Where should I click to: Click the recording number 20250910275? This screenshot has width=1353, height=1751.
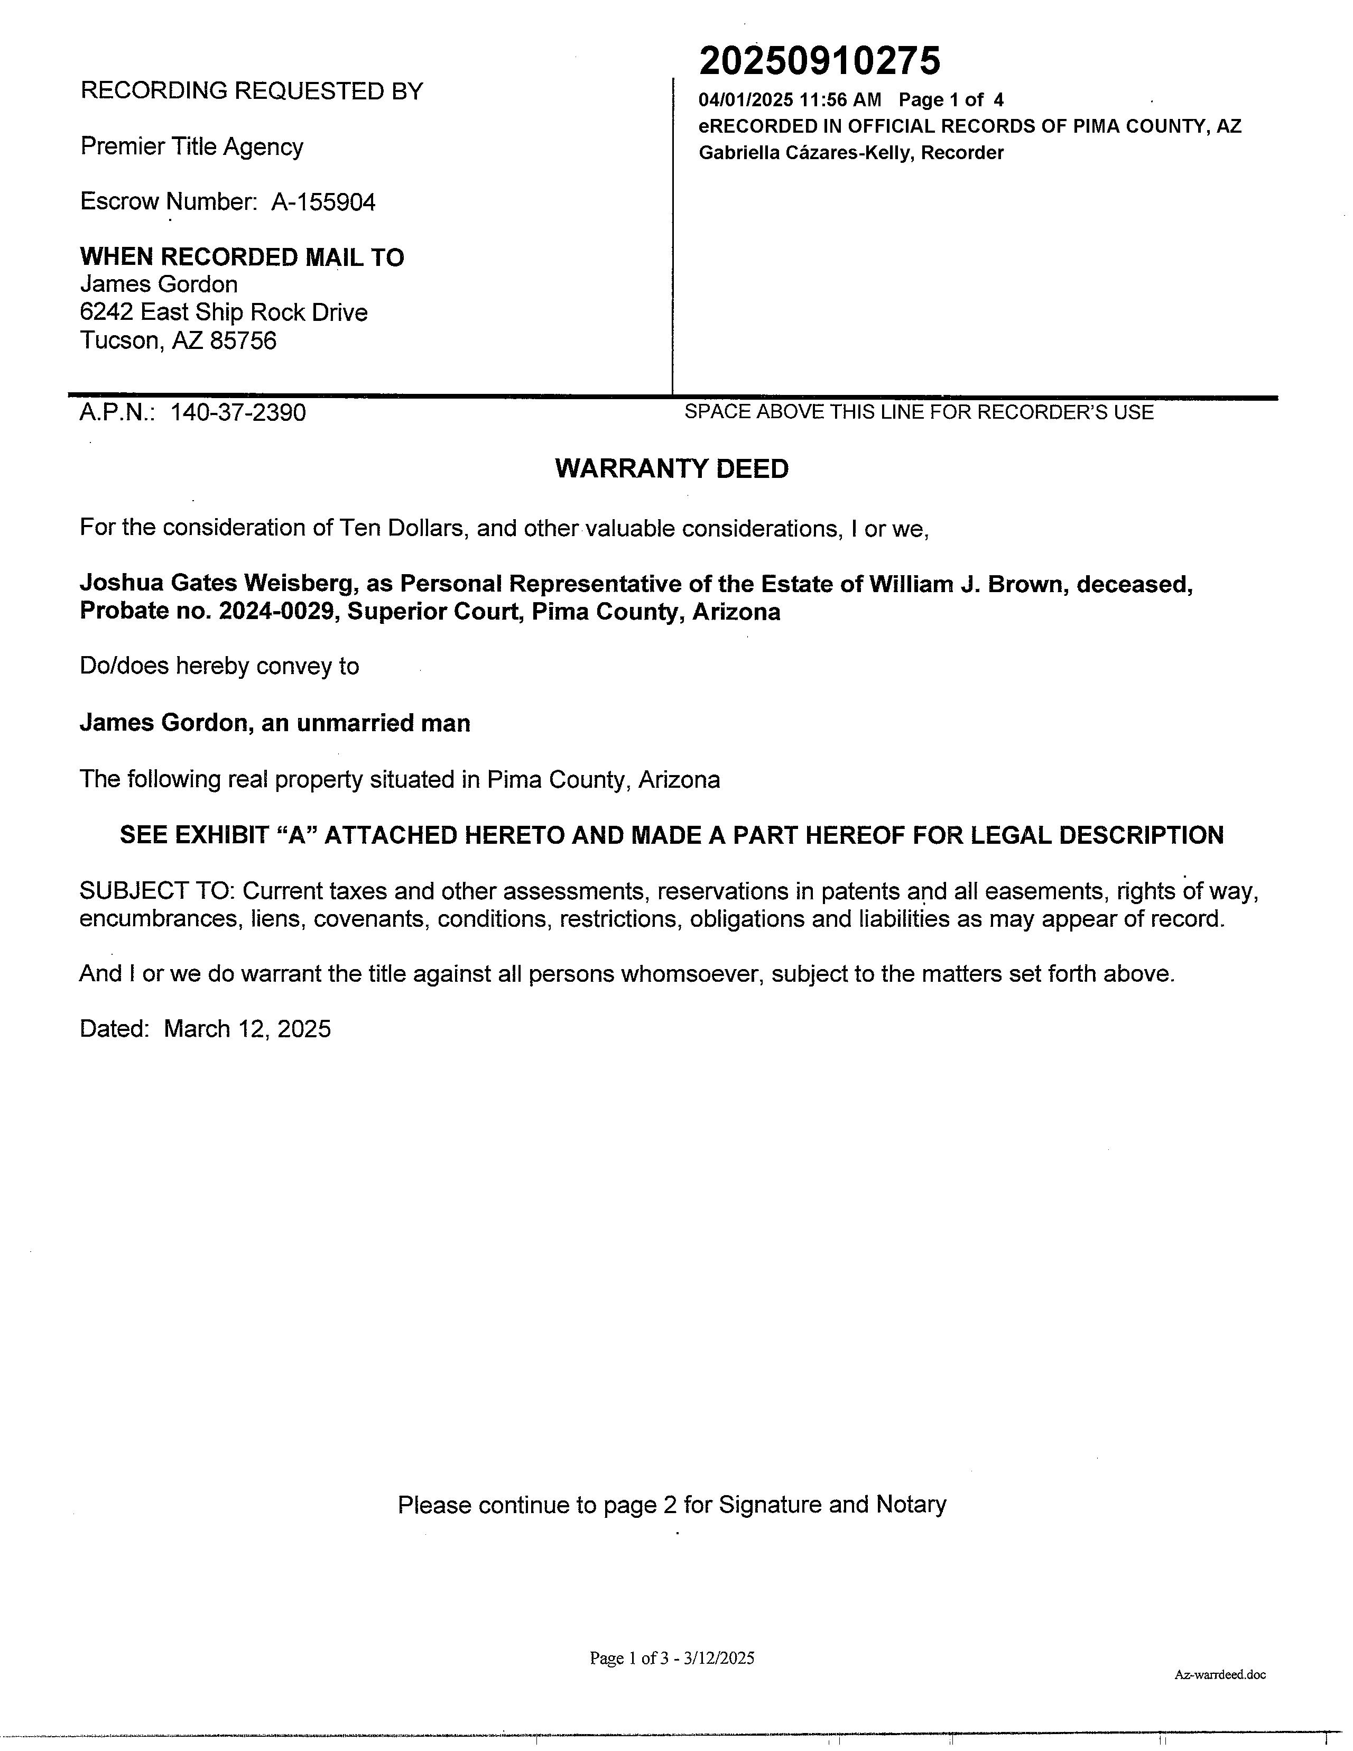(x=819, y=61)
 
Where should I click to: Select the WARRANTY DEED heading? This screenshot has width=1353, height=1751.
(x=672, y=469)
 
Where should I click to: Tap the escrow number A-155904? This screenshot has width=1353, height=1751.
(x=323, y=202)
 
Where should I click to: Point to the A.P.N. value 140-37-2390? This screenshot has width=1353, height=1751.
(x=238, y=413)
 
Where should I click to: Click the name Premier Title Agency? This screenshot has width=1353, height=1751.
(x=191, y=147)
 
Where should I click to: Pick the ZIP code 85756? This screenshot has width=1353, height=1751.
(x=243, y=341)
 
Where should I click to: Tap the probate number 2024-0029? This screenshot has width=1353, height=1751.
(x=276, y=612)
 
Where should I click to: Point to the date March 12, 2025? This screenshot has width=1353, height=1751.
(x=247, y=1029)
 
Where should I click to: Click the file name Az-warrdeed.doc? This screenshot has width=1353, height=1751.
(x=1220, y=1674)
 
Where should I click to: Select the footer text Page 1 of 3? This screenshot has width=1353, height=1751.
(x=628, y=1658)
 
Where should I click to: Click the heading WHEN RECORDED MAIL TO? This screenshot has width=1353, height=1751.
(x=242, y=257)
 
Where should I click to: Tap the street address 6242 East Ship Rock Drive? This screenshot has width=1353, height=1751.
(x=224, y=312)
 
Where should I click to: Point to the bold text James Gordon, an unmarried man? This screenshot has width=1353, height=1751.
(x=275, y=723)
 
